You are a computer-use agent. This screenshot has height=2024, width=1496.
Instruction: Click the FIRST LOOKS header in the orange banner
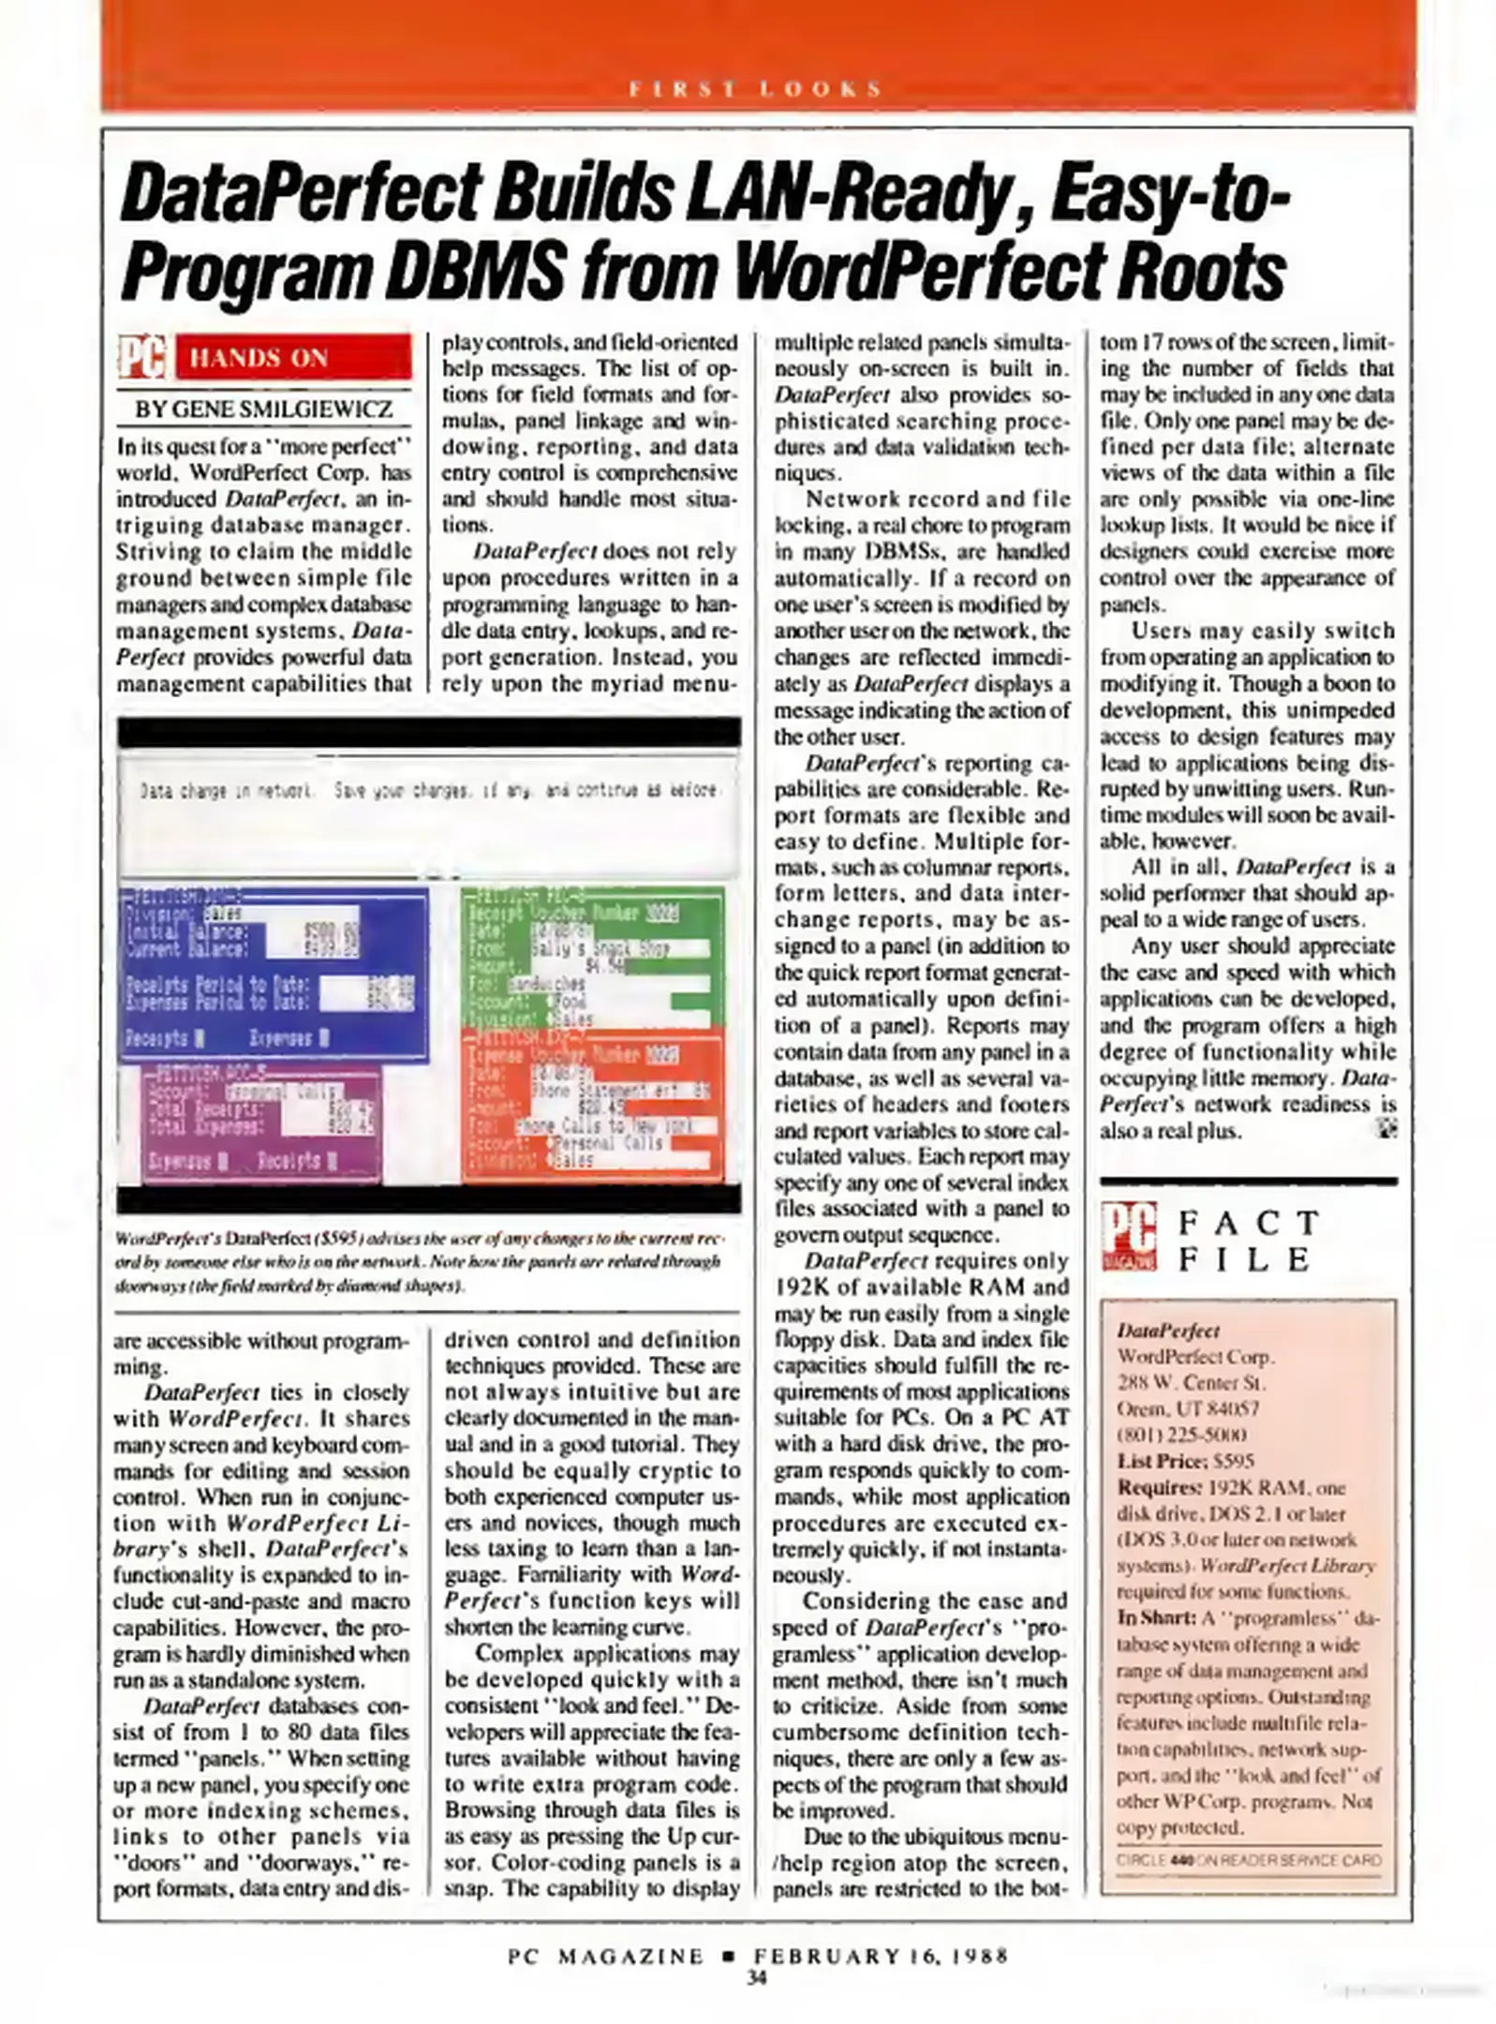point(755,90)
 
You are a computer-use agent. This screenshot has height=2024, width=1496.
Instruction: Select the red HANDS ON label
point(292,358)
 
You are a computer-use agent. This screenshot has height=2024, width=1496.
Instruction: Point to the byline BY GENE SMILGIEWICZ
point(264,409)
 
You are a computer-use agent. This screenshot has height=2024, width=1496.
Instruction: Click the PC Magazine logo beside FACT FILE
point(1129,1236)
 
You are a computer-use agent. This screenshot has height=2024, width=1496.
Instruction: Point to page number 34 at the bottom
point(756,1978)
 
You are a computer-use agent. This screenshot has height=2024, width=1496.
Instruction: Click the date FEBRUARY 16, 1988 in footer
point(881,1956)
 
